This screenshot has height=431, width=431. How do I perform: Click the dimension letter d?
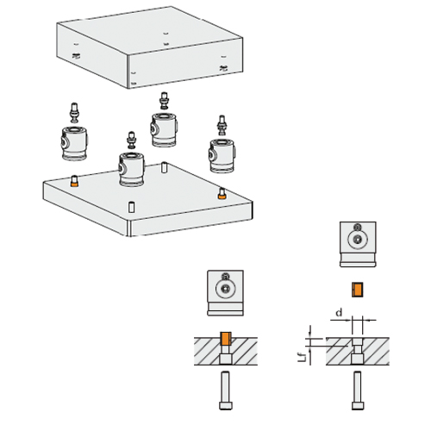[340, 311]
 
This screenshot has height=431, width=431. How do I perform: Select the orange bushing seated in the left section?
[226, 338]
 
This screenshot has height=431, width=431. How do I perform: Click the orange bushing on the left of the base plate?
[75, 181]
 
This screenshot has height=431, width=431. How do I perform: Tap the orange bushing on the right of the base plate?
[222, 194]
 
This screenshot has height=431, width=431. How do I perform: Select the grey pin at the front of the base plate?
[131, 208]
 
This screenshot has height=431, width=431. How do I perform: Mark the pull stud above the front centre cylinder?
[132, 139]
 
